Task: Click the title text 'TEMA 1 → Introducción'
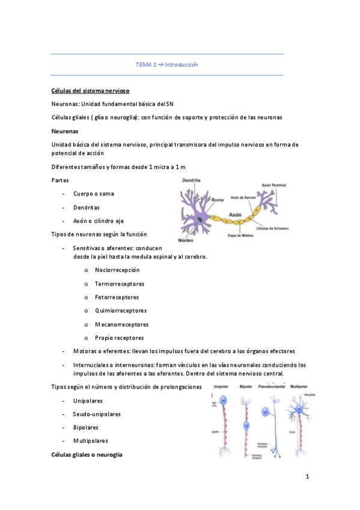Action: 167,64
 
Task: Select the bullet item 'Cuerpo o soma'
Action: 94,194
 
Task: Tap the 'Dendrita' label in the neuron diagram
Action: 191,180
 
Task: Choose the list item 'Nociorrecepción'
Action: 117,270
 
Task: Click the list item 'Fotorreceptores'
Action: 117,297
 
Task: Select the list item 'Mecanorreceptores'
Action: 120,324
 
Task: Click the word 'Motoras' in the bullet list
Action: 84,351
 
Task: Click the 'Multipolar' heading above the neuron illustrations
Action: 301,386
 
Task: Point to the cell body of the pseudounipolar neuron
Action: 266,412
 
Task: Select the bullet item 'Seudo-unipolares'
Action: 97,414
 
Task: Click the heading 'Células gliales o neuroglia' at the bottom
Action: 87,455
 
